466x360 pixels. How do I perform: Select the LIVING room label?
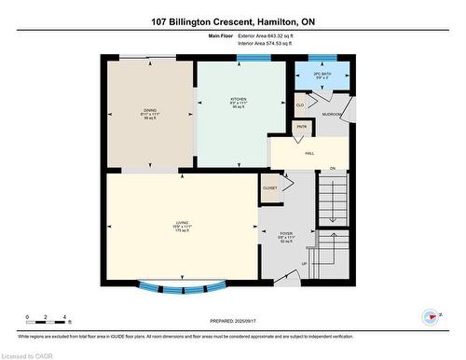[182, 222]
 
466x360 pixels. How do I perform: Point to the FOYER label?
[286, 234]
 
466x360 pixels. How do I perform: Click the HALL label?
[309, 153]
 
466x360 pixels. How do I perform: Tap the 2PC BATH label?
[322, 73]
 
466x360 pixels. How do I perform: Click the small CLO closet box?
[300, 105]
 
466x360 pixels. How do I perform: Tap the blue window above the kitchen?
[248, 58]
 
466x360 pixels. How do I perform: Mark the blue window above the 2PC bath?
[322, 58]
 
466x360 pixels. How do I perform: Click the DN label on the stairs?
[332, 169]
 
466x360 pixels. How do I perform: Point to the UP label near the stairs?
[303, 264]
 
